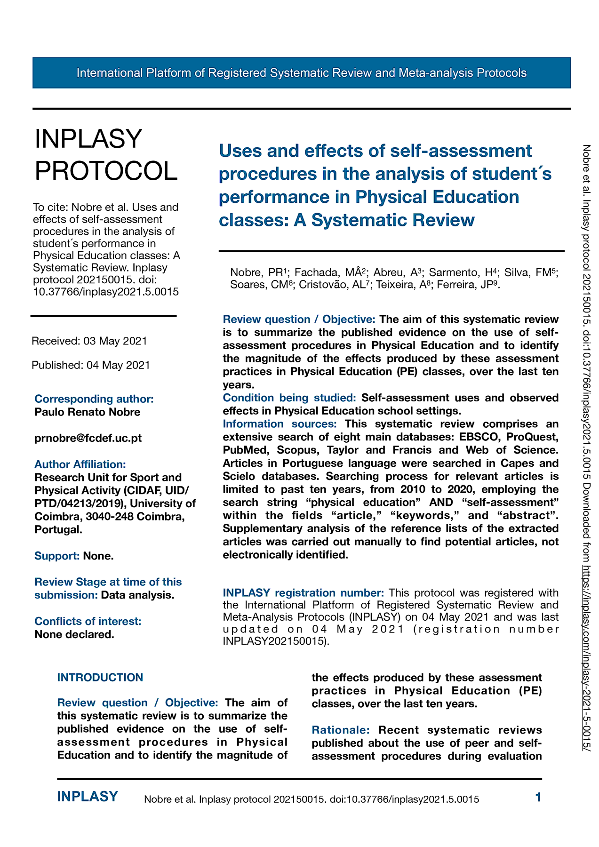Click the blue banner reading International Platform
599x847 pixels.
(301, 73)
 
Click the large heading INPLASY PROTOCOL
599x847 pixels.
(106, 155)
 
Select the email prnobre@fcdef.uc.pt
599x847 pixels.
(88, 438)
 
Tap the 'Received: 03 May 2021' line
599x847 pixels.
(89, 341)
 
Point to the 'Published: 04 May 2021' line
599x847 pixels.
(91, 365)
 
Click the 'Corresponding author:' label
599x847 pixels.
(94, 399)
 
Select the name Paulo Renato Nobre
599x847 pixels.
(88, 412)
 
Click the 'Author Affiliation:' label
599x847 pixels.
(80, 464)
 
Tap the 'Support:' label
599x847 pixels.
(57, 556)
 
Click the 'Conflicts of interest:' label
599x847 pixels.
(88, 621)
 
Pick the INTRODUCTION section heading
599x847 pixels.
(100, 678)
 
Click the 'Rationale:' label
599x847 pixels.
(341, 730)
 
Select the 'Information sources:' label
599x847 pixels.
(280, 424)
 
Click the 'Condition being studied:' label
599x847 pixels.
(289, 398)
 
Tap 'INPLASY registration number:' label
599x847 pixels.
(303, 592)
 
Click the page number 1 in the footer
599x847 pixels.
(538, 797)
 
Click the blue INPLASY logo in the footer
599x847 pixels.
(88, 797)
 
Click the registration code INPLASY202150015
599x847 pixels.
(274, 641)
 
